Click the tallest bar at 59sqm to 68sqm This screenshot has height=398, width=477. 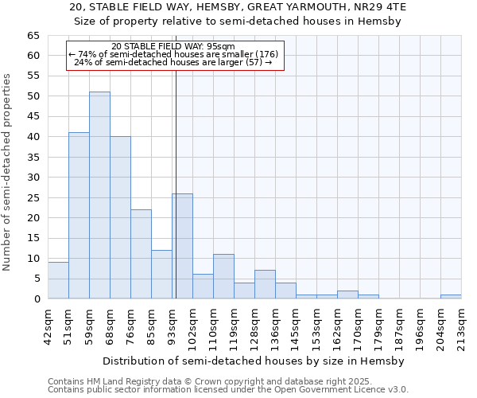100,195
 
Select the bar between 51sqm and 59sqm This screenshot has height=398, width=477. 79,216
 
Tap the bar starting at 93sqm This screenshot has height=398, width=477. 183,246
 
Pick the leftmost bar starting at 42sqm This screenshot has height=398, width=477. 58,280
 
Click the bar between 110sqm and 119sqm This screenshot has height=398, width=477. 224,276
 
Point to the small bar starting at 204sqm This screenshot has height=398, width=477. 451,297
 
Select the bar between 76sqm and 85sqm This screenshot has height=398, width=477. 142,254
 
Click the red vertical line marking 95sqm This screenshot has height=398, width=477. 176,167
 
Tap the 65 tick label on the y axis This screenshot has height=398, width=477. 33,36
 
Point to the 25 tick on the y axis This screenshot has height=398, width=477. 33,198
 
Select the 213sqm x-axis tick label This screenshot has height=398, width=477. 461,330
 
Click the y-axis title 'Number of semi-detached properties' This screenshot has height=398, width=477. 6,173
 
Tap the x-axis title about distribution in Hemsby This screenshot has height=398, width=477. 254,361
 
